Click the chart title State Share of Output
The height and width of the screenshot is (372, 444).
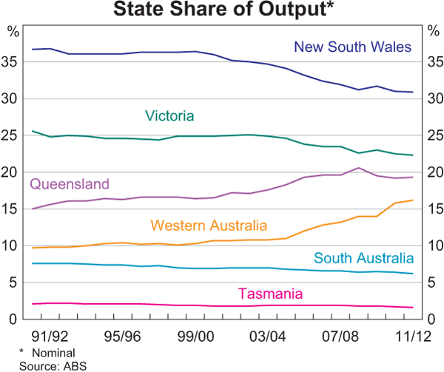tap(221, 10)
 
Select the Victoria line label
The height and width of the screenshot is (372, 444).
tap(169, 115)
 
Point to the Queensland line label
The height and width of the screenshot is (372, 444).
tap(70, 184)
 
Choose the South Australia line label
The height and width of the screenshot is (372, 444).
tap(363, 258)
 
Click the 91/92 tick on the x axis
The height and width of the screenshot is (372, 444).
tap(55, 334)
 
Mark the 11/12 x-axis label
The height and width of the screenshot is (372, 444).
tap(406, 334)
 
